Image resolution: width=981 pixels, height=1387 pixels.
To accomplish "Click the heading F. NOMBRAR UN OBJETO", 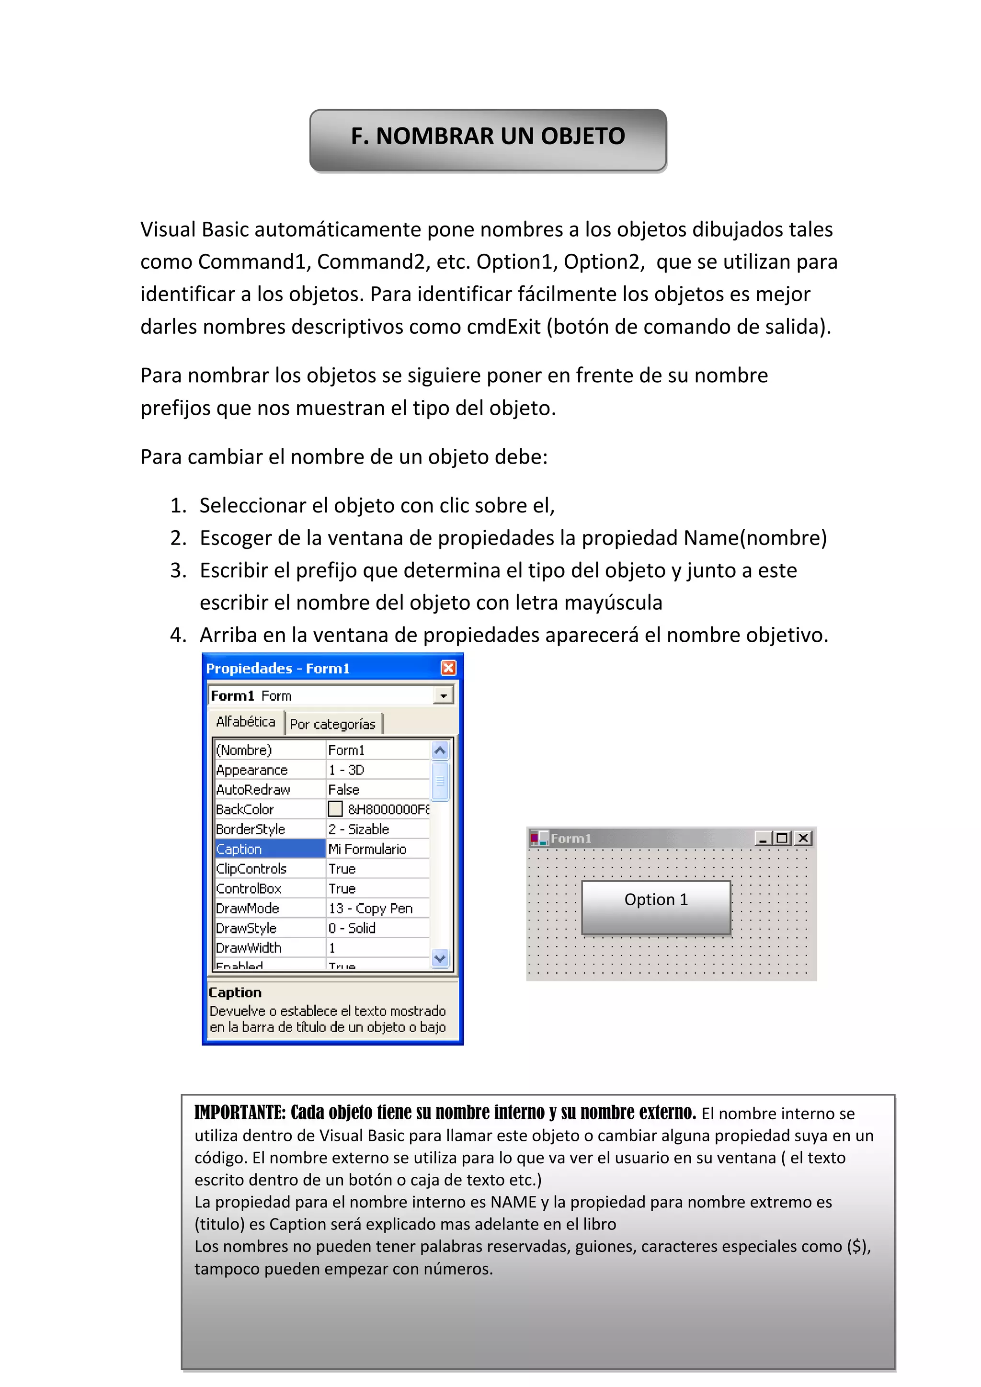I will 488,136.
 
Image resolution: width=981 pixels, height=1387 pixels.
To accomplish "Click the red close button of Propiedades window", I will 448,668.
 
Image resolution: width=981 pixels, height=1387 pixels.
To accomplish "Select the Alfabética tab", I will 245,721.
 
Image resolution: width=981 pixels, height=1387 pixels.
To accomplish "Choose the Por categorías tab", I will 332,724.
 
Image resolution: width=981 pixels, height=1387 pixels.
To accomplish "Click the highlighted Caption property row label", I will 269,849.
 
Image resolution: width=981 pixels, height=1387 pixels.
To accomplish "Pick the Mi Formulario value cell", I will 377,849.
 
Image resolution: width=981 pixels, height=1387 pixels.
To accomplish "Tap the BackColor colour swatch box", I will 335,809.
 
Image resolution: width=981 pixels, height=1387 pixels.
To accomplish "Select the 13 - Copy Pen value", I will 370,908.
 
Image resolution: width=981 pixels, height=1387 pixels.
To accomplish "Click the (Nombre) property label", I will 244,750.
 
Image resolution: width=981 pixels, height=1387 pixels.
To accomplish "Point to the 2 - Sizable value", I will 359,829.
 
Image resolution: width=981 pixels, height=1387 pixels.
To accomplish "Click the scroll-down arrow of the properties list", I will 440,958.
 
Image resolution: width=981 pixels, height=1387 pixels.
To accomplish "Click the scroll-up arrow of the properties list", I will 440,751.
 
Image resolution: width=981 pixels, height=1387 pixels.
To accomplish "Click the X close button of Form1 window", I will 803,838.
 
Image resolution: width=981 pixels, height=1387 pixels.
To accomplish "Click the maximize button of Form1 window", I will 783,838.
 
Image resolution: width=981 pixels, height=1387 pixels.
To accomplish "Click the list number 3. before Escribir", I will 178,570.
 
